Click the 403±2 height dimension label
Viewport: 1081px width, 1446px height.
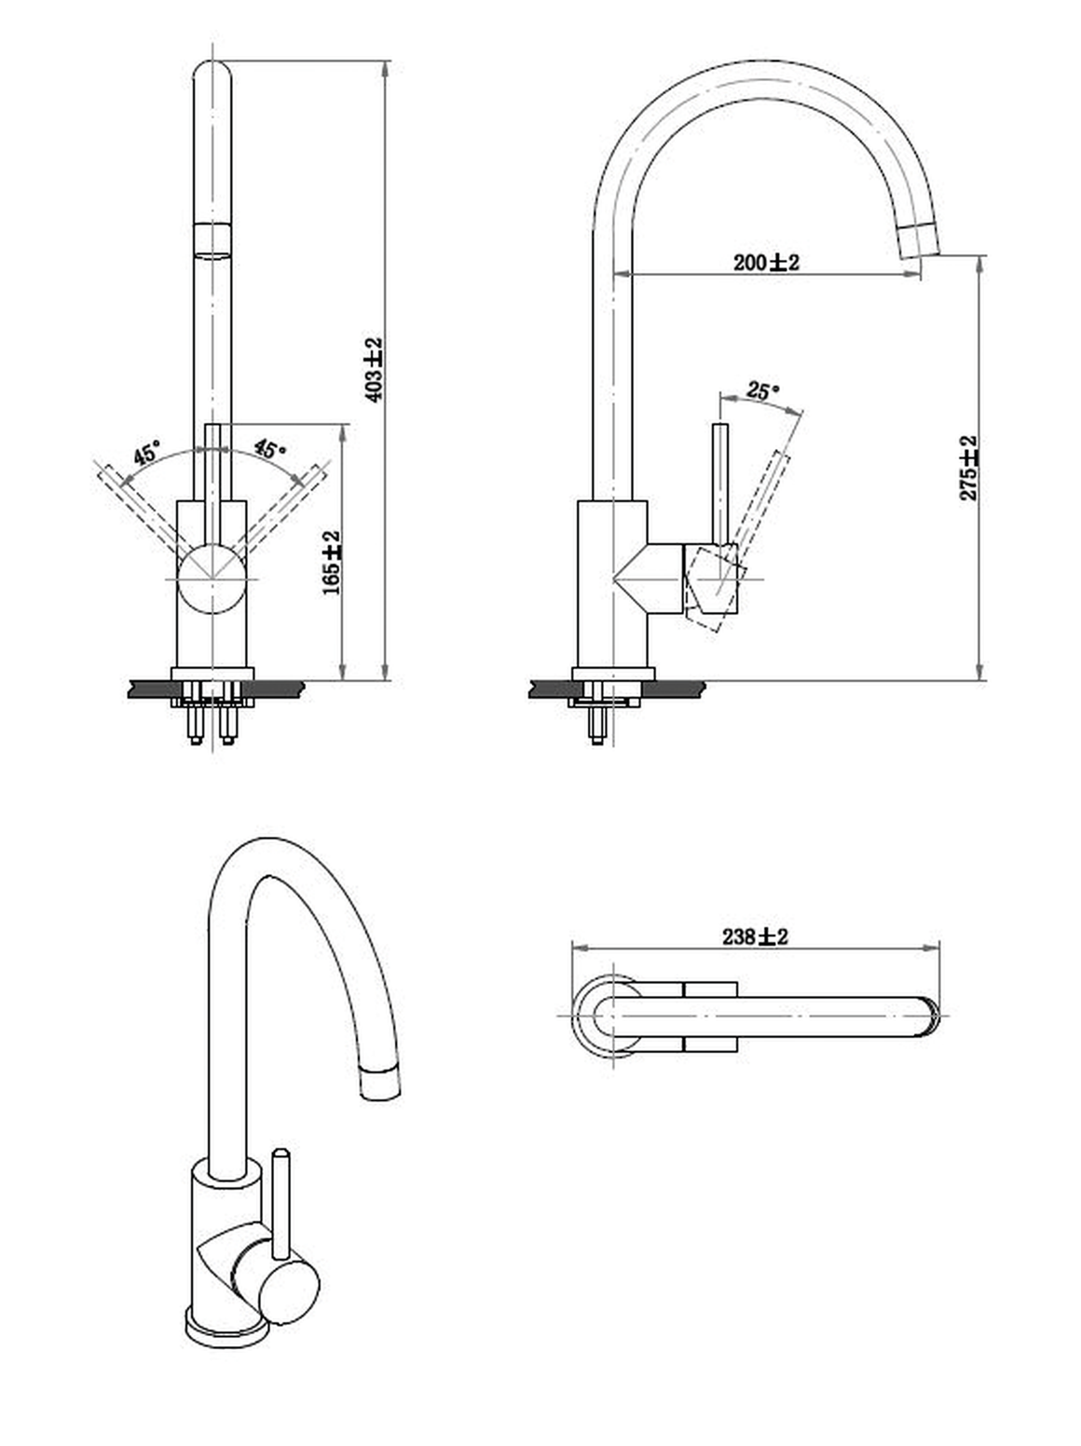coord(374,370)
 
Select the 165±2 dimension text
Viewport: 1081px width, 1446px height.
coord(332,563)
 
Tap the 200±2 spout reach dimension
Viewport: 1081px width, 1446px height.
coord(766,262)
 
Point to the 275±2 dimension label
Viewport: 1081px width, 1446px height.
coord(968,468)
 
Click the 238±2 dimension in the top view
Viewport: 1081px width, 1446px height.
coord(755,936)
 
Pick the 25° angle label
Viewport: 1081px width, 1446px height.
coord(762,391)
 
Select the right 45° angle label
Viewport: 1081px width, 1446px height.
coord(270,449)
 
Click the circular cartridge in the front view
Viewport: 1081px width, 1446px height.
coord(212,580)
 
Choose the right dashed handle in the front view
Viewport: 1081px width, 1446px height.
coord(284,506)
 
